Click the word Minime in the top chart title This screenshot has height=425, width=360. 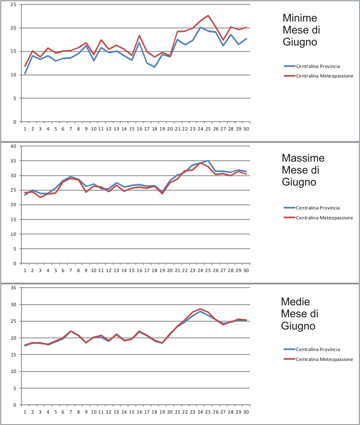click(300, 18)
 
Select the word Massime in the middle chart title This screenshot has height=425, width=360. click(303, 158)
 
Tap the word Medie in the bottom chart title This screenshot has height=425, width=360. click(295, 302)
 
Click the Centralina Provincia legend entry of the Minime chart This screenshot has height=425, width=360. click(318, 66)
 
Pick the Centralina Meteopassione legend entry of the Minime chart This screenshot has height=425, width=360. click(324, 76)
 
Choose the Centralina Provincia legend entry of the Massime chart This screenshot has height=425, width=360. click(318, 208)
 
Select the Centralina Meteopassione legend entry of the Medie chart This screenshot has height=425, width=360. click(324, 359)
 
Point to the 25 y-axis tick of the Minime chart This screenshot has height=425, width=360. click(13, 4)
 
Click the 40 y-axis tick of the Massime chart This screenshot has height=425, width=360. click(13, 146)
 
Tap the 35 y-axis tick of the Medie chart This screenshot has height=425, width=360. click(13, 288)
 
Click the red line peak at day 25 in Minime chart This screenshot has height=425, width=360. click(208, 16)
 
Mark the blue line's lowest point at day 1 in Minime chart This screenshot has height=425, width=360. click(25, 73)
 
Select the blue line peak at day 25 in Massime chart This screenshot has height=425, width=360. click(208, 161)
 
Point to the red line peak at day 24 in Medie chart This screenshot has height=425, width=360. click(200, 309)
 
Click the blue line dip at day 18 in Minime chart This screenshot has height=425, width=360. click(155, 67)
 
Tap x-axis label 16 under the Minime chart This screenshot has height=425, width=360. click(139, 129)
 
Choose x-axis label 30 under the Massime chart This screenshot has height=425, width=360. click(246, 271)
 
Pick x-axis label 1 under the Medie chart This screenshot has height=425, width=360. click(25, 412)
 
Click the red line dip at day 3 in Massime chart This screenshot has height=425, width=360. click(40, 197)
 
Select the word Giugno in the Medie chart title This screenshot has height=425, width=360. click(298, 326)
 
